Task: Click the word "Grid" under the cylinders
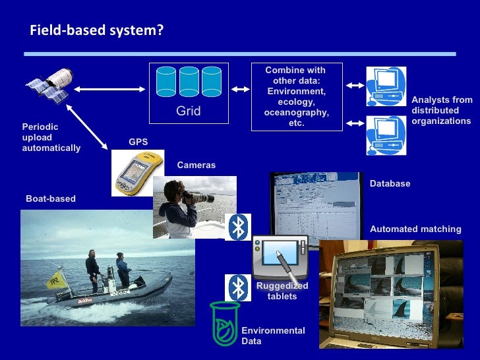[188, 111]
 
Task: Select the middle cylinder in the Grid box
[189, 82]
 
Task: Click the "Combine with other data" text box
[295, 97]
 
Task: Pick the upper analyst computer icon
[386, 86]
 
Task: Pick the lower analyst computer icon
[386, 135]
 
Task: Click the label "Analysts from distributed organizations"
[441, 111]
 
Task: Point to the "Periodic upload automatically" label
[51, 137]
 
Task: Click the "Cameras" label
[196, 165]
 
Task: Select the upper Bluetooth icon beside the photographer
[238, 227]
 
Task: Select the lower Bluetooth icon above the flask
[238, 287]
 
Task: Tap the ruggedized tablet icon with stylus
[280, 256]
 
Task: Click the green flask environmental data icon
[224, 323]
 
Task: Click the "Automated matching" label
[415, 229]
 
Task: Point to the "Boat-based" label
[51, 198]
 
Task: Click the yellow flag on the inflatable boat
[55, 280]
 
